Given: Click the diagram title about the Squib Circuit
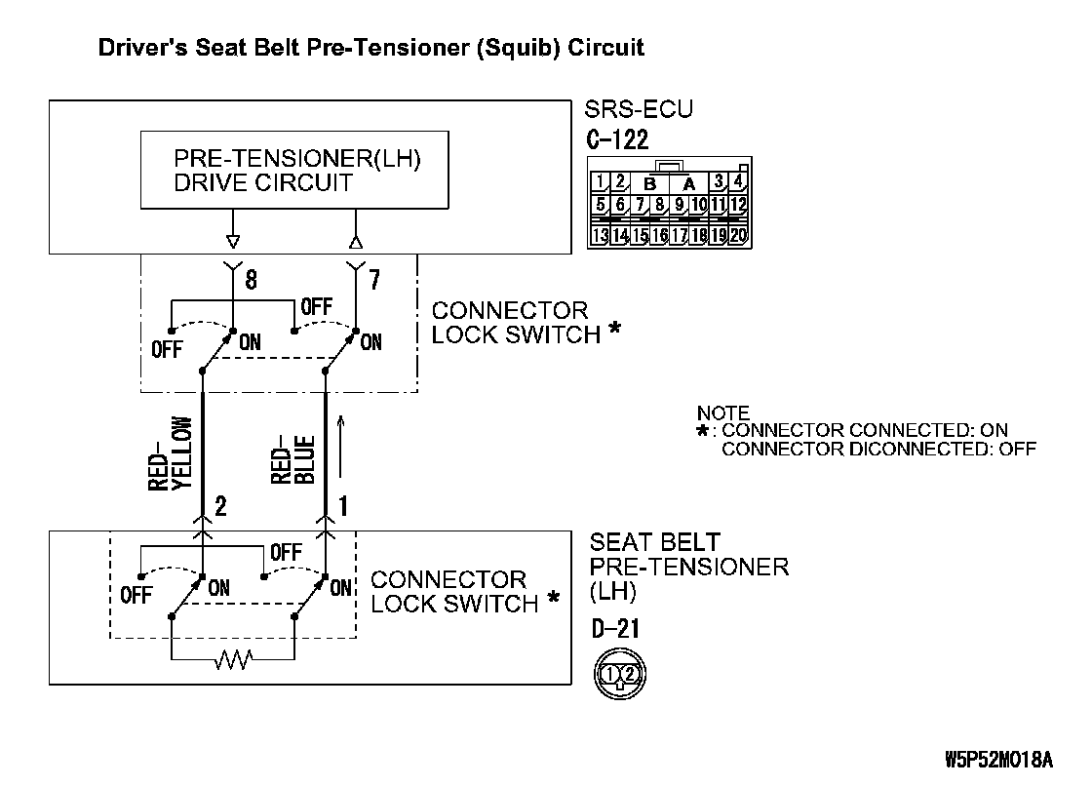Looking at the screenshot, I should pyautogui.click(x=371, y=47).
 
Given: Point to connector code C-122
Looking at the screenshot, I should pyautogui.click(x=617, y=139).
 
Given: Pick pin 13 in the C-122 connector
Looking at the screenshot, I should pyautogui.click(x=601, y=234).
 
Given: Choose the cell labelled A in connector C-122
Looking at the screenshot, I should pyautogui.click(x=688, y=183).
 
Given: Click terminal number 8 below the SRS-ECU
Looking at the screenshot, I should pyautogui.click(x=251, y=281).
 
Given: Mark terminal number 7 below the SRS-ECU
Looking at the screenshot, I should pyautogui.click(x=375, y=281).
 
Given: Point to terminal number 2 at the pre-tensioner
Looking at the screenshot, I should pyautogui.click(x=220, y=506).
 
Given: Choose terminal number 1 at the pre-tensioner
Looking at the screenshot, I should pyautogui.click(x=343, y=506).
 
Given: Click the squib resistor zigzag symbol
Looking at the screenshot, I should pyautogui.click(x=233, y=662).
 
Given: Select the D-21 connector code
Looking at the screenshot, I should pyautogui.click(x=615, y=629).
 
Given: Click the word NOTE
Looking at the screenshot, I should pyautogui.click(x=723, y=413).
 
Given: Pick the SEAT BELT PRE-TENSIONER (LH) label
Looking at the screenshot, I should pyautogui.click(x=688, y=567).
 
